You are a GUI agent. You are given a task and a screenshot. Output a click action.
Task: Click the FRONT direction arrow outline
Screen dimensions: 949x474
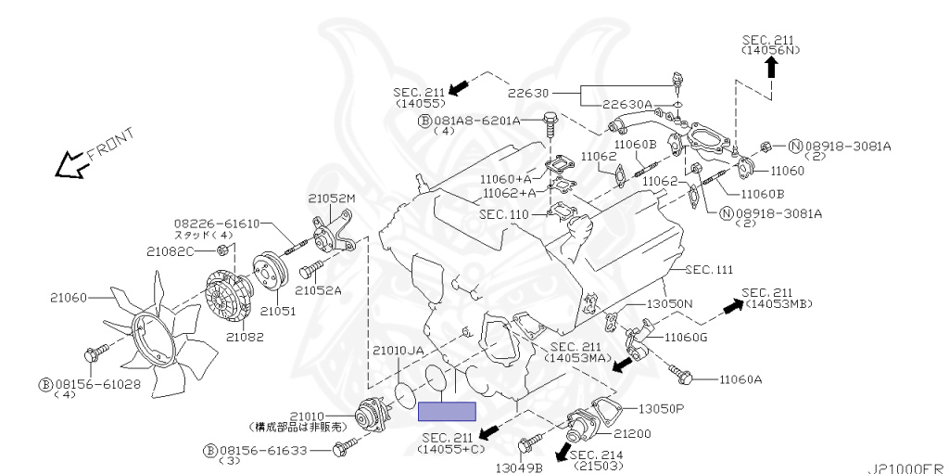click(x=70, y=165)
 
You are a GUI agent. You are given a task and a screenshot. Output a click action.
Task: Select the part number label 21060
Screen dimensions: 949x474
click(x=69, y=298)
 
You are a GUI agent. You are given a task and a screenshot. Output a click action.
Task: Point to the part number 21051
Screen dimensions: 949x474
click(x=278, y=312)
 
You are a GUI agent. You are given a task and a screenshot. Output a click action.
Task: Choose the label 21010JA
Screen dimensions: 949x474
click(x=398, y=351)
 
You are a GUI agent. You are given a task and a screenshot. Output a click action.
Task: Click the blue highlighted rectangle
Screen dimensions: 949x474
click(x=448, y=412)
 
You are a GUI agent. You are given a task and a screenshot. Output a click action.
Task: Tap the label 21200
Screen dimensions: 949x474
click(x=632, y=433)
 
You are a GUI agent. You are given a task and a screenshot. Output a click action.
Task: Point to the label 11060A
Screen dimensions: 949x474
click(x=740, y=380)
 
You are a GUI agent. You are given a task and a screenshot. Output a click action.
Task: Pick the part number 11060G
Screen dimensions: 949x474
click(x=686, y=338)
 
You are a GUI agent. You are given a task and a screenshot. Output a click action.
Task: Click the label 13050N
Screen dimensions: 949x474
click(x=669, y=303)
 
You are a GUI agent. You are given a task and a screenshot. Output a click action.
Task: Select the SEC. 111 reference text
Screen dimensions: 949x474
click(x=709, y=270)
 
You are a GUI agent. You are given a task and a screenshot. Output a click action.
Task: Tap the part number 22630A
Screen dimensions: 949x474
click(x=627, y=105)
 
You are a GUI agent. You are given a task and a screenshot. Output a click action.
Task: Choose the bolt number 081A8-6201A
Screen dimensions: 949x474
click(x=477, y=121)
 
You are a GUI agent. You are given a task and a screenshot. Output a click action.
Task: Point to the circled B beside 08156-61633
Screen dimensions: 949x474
click(x=210, y=451)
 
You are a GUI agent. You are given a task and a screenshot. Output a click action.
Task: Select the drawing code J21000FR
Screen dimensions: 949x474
click(x=908, y=468)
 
